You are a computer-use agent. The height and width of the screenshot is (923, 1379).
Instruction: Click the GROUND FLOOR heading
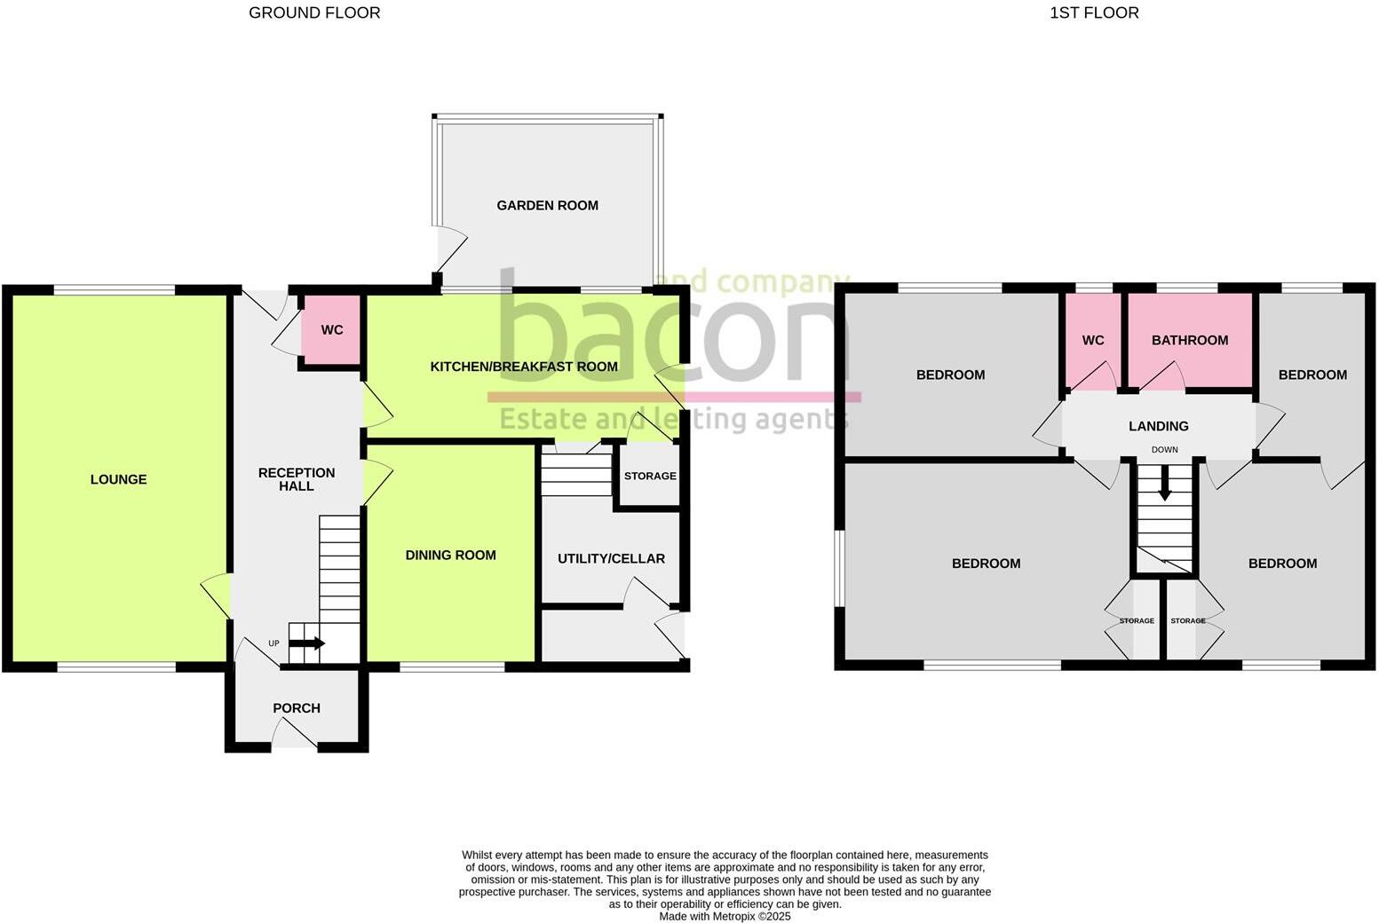coord(314,12)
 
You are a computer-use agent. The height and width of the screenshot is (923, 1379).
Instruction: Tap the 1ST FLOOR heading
coord(1094,12)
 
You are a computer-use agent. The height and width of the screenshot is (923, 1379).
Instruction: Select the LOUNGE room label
coord(118,479)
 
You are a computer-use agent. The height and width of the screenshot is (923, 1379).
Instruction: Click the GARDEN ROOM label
coord(547,205)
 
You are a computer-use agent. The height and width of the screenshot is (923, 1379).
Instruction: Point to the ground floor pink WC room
coord(331,330)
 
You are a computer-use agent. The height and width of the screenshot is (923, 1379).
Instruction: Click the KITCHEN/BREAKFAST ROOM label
coord(524,367)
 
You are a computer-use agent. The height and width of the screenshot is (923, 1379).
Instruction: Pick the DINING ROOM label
coord(450,555)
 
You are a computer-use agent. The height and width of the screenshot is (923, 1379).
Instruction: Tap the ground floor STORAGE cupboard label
coord(650,476)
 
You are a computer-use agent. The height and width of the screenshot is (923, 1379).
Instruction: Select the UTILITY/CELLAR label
coord(611,558)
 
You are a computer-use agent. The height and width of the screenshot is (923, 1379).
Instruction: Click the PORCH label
coord(297,708)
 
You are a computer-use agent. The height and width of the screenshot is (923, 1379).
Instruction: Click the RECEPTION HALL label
coord(297,479)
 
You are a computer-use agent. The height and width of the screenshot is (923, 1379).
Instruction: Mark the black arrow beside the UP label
coord(307,643)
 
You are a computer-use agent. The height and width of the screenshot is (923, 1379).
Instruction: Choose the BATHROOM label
coord(1190,340)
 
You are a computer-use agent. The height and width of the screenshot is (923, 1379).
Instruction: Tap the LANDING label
coord(1158,426)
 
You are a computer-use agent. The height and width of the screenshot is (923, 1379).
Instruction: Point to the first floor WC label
coord(1093,340)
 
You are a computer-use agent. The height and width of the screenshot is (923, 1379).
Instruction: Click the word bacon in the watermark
coord(666,328)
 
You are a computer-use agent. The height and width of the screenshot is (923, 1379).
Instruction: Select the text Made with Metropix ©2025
coord(725,916)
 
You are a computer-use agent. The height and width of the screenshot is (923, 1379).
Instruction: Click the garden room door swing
coord(450,248)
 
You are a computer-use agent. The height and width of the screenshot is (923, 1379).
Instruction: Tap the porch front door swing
coord(295,734)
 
